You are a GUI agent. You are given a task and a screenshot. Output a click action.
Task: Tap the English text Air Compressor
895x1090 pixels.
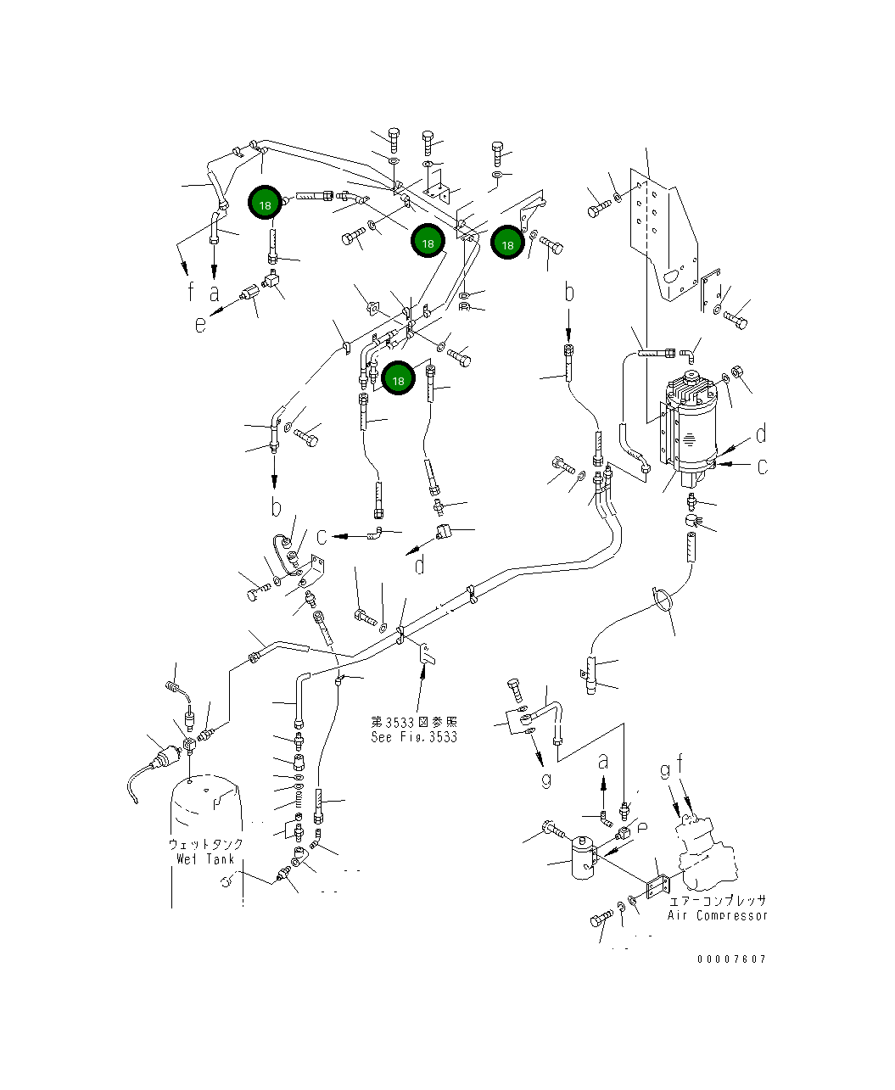[717, 915]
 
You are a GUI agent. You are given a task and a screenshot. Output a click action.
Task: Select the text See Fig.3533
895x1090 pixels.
[414, 736]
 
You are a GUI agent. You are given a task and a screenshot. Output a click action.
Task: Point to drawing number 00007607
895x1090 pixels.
[731, 959]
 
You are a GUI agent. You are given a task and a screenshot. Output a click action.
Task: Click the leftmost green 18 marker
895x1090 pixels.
[266, 204]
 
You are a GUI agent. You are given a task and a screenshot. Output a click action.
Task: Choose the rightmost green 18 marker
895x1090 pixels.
[507, 244]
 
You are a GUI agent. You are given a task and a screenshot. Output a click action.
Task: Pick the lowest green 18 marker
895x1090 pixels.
[398, 380]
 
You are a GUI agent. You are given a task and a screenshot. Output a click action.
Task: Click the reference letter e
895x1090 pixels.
[200, 324]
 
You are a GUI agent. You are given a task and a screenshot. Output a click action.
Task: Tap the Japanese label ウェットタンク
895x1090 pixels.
[206, 844]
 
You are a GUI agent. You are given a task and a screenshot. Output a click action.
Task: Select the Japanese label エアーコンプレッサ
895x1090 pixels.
[717, 901]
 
